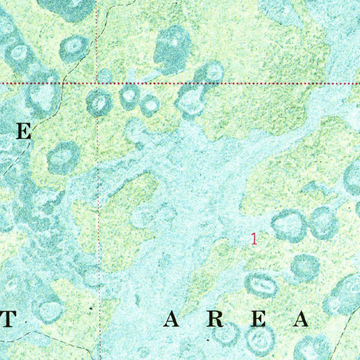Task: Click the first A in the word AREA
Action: tap(173, 320)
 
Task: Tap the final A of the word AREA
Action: tap(301, 320)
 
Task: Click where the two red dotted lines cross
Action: tap(97, 84)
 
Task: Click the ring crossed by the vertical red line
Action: tap(99, 102)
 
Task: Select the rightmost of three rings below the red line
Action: tap(150, 105)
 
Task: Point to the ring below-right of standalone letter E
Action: tap(63, 158)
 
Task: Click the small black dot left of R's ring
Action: tap(208, 340)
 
